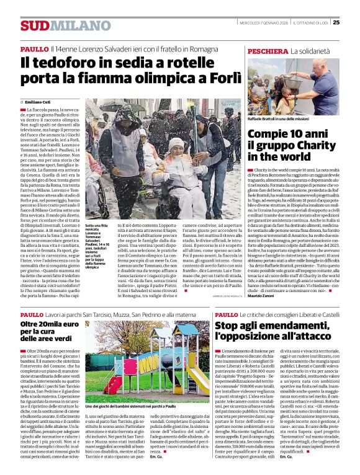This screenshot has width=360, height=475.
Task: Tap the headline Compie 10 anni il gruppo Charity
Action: pos(287,144)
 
